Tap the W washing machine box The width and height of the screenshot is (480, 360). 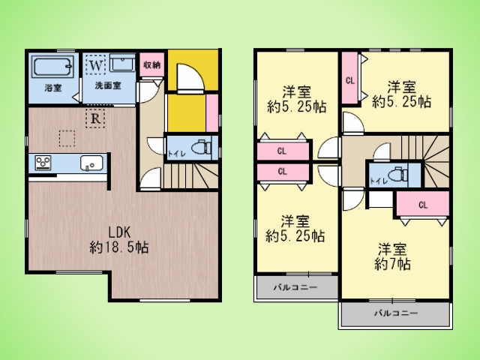[95, 64]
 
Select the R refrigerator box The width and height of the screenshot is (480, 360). [95, 118]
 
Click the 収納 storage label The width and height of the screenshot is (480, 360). [152, 65]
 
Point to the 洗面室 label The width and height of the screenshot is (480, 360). [108, 85]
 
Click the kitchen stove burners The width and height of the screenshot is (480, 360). [43, 163]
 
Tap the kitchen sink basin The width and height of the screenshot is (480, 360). [91, 163]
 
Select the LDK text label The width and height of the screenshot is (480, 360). [119, 232]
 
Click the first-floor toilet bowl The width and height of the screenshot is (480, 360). [201, 148]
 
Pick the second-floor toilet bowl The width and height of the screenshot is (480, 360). [398, 174]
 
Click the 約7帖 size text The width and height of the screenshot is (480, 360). [392, 264]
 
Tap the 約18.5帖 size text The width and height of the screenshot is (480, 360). [119, 247]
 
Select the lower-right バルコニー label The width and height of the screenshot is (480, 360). [396, 313]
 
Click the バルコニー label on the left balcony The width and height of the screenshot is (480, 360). [295, 287]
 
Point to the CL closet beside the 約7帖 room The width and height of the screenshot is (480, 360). [423, 205]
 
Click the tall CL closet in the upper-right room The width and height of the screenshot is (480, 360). [350, 80]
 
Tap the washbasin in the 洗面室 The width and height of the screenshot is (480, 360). [122, 64]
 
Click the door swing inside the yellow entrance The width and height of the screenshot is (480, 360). [190, 78]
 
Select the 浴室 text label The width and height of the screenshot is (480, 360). [53, 88]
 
